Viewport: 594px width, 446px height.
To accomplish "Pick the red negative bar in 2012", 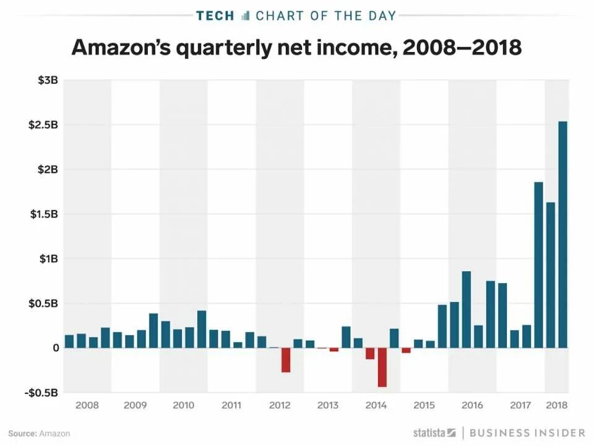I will click(285, 360).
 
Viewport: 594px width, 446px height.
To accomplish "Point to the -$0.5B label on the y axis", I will click(41, 393).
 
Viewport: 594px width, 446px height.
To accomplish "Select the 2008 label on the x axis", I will click(87, 406).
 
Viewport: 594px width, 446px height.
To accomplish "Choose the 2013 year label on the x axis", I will click(327, 406).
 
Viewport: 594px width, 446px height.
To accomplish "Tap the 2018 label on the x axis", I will click(557, 406).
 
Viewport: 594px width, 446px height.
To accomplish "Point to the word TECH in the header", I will click(215, 15).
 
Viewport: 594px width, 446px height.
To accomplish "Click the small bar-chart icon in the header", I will click(245, 15).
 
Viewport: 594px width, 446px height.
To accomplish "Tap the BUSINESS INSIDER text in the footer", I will click(527, 432).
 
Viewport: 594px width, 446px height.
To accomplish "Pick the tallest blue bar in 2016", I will click(466, 309).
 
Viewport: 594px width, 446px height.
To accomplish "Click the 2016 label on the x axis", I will click(472, 406).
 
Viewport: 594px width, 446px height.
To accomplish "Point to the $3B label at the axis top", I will click(47, 80).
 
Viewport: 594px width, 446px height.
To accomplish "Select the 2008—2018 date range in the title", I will click(462, 47).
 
